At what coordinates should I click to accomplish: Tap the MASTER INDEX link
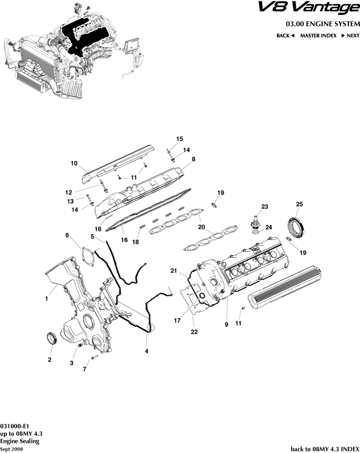click(x=318, y=36)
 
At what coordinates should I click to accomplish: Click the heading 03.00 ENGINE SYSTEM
click(x=322, y=24)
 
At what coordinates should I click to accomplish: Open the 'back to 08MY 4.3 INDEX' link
click(x=325, y=449)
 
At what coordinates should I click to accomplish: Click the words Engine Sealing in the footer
click(x=20, y=441)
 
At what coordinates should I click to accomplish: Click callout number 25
click(x=300, y=204)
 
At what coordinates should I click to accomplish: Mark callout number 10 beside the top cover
click(x=74, y=164)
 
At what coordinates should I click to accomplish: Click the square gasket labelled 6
click(x=86, y=257)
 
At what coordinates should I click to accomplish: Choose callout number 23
click(x=264, y=206)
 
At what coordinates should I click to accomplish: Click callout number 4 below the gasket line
click(x=147, y=350)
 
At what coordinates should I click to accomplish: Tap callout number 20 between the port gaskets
click(x=202, y=227)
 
